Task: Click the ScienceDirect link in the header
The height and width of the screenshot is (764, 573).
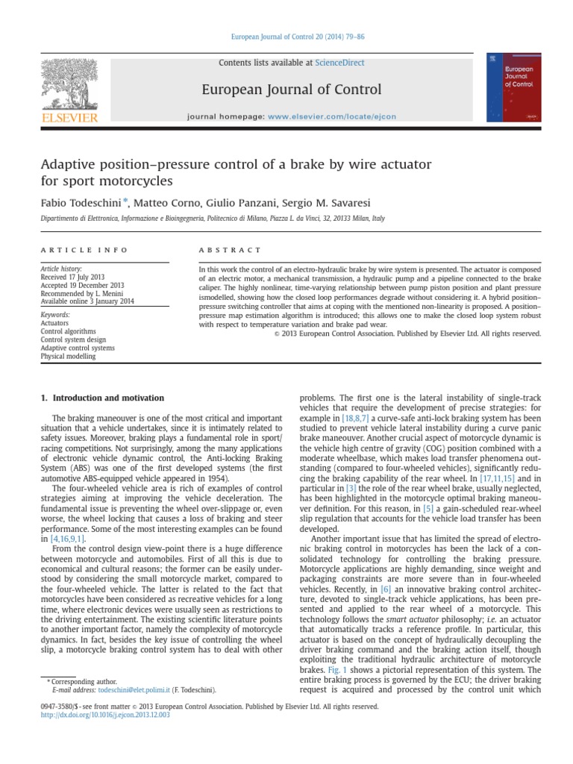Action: click(x=339, y=63)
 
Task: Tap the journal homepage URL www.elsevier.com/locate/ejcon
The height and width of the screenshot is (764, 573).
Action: click(x=332, y=117)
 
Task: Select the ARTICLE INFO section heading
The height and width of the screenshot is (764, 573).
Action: click(x=84, y=250)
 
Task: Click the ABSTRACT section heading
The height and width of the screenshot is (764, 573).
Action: click(x=230, y=250)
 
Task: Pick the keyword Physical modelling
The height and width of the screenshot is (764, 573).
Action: click(x=69, y=357)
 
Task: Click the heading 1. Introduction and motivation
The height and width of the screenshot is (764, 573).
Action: click(x=102, y=398)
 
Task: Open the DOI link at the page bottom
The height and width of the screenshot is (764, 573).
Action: click(x=105, y=715)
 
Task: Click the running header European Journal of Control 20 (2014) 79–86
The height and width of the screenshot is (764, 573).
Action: click(x=286, y=37)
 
